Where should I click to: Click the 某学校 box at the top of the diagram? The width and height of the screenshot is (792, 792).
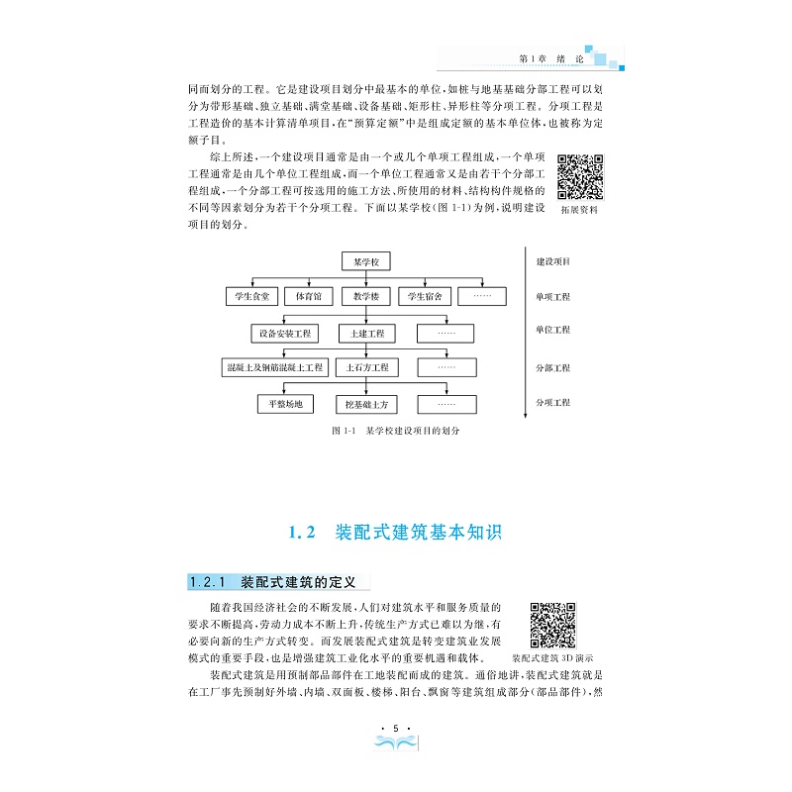click(366, 262)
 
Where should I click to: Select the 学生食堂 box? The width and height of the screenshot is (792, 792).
click(251, 296)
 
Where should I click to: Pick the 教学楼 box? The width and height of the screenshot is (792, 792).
click(366, 296)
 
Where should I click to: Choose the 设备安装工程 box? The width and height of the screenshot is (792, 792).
click(285, 333)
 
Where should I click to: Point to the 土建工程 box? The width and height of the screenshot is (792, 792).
click(366, 333)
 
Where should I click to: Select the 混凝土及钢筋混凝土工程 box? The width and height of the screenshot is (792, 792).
click(274, 368)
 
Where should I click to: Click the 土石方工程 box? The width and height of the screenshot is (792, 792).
click(366, 368)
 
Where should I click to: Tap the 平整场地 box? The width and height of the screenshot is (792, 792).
click(285, 404)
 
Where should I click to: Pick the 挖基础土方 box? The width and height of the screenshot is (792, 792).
click(366, 404)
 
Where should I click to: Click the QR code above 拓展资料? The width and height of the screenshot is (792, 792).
click(579, 177)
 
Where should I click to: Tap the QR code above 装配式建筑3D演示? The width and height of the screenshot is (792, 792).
click(553, 626)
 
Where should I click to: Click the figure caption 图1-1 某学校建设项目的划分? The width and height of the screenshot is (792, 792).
click(396, 432)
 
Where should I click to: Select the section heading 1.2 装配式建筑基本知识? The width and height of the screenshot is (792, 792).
click(395, 533)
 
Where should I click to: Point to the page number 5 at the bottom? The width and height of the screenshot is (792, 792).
click(395, 731)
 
